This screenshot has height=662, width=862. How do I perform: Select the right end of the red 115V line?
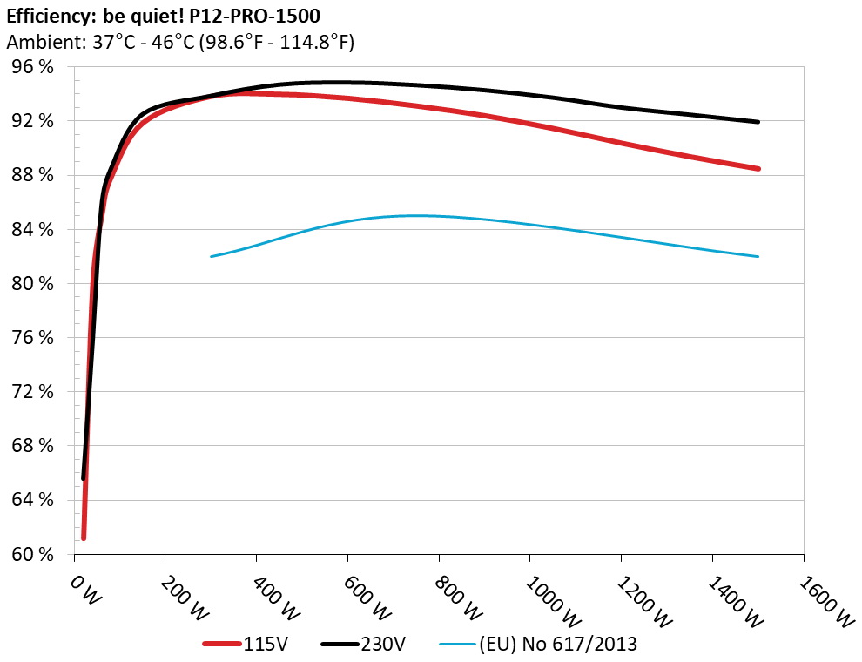[758, 168]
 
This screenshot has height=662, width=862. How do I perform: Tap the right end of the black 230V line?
[758, 122]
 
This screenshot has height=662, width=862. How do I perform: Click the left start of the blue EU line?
[212, 256]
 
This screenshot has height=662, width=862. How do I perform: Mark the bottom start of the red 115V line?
[84, 537]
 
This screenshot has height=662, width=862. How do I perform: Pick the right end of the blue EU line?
[758, 256]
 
